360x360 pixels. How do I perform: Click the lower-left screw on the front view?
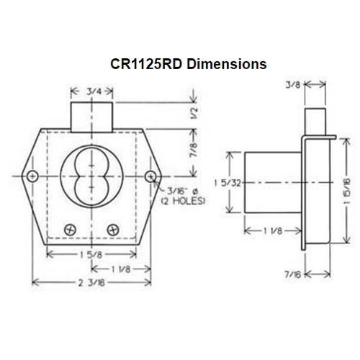(70, 228)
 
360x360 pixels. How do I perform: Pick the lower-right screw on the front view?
(112, 228)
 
